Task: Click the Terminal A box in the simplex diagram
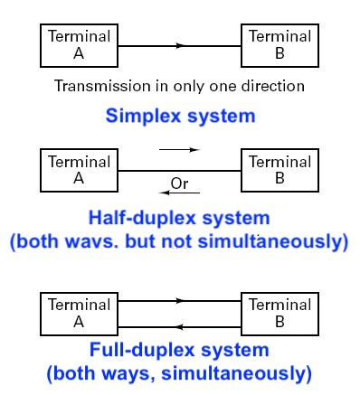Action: [78, 44]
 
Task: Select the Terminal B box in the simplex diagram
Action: [279, 44]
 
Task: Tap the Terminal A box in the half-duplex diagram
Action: [78, 170]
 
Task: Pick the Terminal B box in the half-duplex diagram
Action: [279, 170]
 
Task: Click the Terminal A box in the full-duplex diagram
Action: [78, 311]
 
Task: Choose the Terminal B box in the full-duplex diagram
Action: [279, 311]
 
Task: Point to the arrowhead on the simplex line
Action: [182, 44]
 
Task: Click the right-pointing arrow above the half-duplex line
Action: [179, 150]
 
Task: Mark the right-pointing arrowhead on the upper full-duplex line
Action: [182, 301]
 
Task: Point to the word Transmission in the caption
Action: [97, 87]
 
